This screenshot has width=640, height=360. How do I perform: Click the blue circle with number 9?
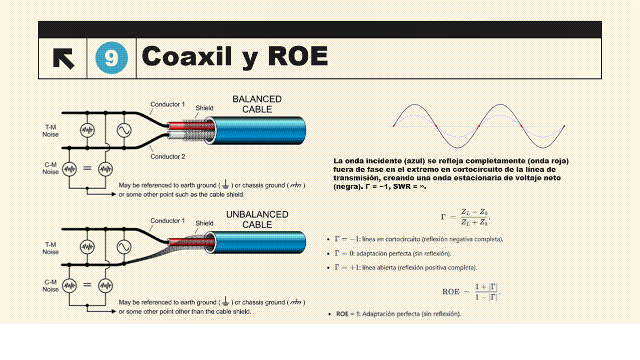pos(112,58)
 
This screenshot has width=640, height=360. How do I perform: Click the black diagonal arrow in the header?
pos(64,58)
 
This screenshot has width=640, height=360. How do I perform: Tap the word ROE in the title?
pos(298,56)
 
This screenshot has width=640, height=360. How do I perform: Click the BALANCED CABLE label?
pos(257,104)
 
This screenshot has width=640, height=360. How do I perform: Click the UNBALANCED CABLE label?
pos(257,219)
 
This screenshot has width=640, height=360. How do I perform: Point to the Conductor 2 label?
pos(168,156)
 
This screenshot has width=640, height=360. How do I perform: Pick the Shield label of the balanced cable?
pos(204,108)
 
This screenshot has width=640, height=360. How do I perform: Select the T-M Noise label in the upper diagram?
pos(50,131)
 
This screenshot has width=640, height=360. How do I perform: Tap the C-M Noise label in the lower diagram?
pos(50,285)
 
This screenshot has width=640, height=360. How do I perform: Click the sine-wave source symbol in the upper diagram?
pos(124,130)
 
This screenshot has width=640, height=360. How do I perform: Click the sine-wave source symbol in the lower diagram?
pos(124,247)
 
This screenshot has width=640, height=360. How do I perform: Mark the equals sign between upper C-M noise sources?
pos(87,168)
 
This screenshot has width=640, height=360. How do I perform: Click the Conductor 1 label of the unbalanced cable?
pos(168,220)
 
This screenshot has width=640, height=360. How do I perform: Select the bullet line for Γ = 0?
pos(392,253)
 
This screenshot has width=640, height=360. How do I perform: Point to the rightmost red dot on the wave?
pos(564,126)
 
